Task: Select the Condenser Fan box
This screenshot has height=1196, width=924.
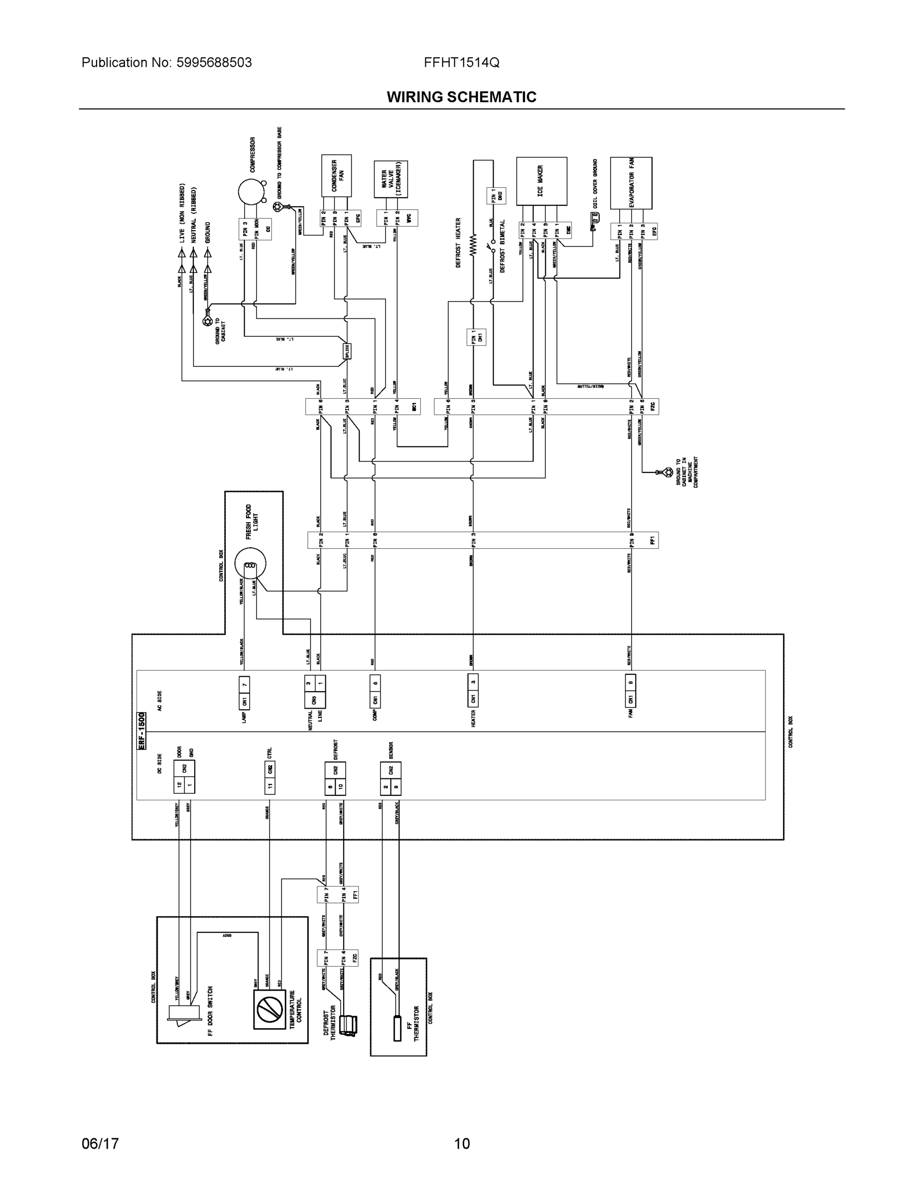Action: pyautogui.click(x=336, y=175)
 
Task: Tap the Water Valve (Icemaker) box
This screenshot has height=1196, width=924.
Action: pyautogui.click(x=391, y=179)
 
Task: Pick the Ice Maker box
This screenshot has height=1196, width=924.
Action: pyautogui.click(x=541, y=181)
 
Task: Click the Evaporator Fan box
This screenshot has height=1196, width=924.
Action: pyautogui.click(x=631, y=182)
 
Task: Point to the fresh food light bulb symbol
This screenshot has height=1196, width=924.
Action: pyautogui.click(x=250, y=565)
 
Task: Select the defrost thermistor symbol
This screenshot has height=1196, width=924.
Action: pyautogui.click(x=348, y=1025)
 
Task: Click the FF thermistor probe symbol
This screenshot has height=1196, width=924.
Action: pyautogui.click(x=397, y=1025)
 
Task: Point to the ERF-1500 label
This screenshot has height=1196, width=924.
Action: pyautogui.click(x=141, y=731)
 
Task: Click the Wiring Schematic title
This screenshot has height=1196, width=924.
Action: pyautogui.click(x=461, y=97)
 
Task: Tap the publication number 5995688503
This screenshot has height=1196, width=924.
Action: pyautogui.click(x=214, y=62)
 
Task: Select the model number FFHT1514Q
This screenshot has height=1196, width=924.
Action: pyautogui.click(x=461, y=62)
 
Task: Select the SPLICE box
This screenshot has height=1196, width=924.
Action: pyautogui.click(x=347, y=351)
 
